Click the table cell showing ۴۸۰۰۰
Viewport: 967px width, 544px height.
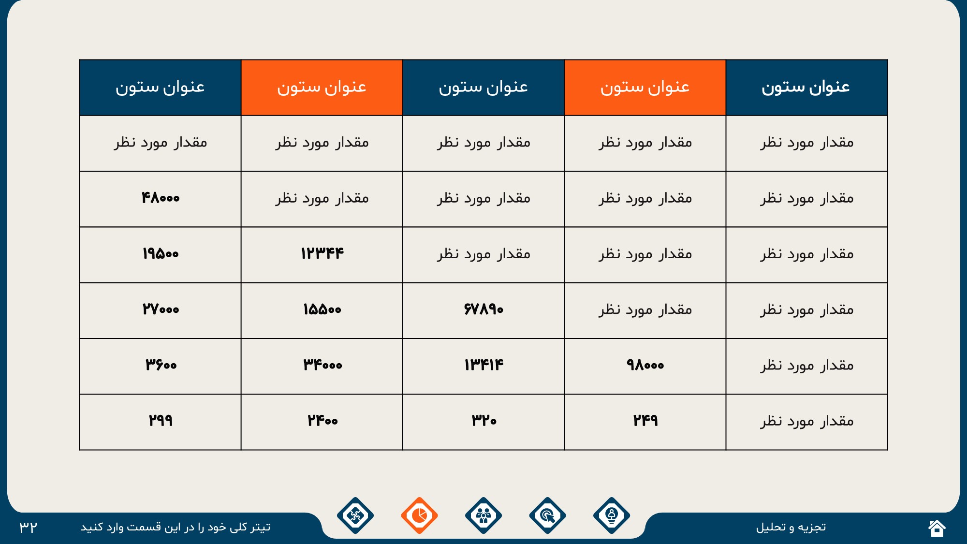click(x=161, y=199)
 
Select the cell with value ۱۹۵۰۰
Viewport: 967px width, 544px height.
click(x=161, y=254)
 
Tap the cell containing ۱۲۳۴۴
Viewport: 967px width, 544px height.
click(x=322, y=254)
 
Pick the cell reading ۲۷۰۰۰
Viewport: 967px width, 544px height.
click(x=161, y=310)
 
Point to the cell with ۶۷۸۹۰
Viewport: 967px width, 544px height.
click(x=483, y=310)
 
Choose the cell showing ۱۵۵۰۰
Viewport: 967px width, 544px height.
click(x=322, y=310)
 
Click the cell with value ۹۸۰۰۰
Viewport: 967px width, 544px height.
click(x=645, y=366)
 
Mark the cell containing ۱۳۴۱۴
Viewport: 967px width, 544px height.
click(x=483, y=366)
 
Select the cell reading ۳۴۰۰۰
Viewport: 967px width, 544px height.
click(x=322, y=366)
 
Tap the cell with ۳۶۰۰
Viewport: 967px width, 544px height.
click(x=161, y=366)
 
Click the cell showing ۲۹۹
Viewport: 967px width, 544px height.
click(x=161, y=422)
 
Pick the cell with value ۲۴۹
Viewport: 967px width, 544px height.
click(x=645, y=422)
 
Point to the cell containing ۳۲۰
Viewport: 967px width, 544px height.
click(x=483, y=422)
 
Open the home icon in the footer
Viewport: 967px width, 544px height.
click(x=937, y=528)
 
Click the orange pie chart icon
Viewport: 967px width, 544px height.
click(x=419, y=515)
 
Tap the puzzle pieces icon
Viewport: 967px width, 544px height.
click(x=355, y=515)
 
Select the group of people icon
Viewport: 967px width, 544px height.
click(x=483, y=515)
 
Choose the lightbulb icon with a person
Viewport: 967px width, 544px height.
click(x=612, y=515)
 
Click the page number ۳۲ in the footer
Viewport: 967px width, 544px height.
click(x=29, y=527)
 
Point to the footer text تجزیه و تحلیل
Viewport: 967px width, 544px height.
click(x=791, y=527)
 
